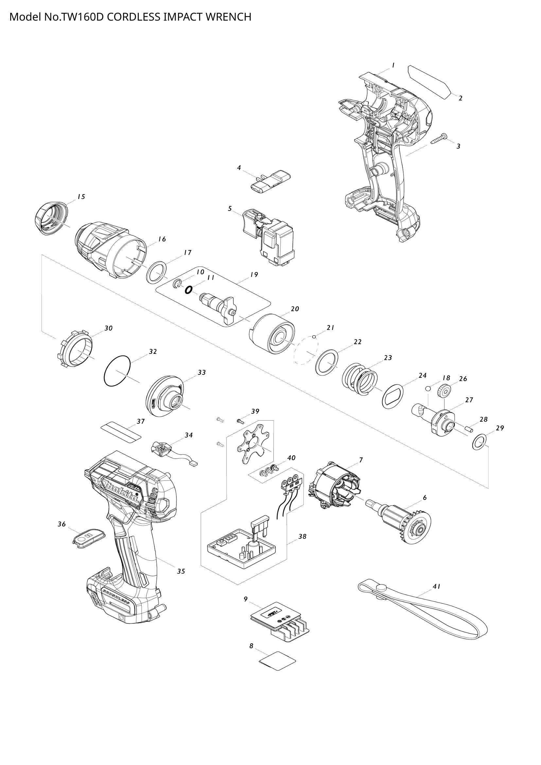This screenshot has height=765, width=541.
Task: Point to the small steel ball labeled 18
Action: [x=428, y=388]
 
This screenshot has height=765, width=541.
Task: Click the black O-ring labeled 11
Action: [x=188, y=290]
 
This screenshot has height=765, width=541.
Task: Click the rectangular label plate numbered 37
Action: [x=121, y=431]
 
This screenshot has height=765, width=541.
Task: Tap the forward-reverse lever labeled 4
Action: [x=270, y=180]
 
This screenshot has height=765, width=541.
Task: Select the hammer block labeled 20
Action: [x=272, y=335]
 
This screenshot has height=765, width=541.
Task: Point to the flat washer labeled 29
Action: [x=479, y=442]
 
